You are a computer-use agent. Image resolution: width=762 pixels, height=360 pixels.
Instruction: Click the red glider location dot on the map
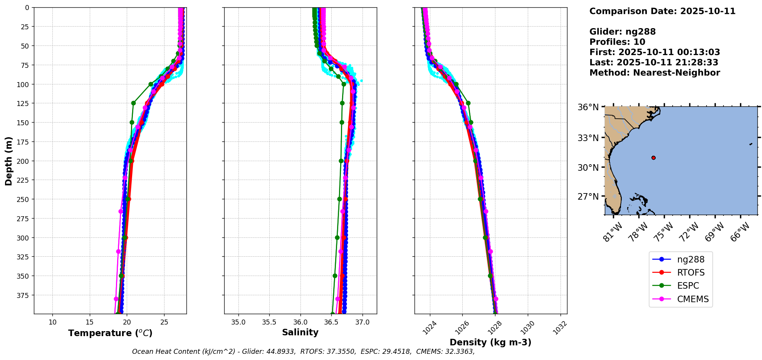(653, 158)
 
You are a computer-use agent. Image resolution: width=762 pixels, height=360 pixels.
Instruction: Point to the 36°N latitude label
(588, 107)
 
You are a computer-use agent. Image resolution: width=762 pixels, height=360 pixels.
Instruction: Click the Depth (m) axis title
(8, 161)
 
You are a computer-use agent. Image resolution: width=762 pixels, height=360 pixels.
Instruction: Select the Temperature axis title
(110, 333)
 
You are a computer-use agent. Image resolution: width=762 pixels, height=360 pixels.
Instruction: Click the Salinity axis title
(300, 332)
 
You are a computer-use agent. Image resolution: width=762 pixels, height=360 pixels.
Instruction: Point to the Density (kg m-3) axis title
(490, 342)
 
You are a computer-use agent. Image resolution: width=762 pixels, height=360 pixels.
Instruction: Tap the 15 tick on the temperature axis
(90, 322)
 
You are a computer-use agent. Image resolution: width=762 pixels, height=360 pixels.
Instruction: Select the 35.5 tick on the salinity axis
(269, 322)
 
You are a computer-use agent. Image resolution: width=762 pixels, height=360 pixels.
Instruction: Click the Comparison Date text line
(662, 11)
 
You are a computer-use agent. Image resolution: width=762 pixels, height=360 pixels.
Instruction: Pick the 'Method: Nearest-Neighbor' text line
(655, 72)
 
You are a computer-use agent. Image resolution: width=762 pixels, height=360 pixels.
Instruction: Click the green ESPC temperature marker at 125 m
(133, 103)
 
